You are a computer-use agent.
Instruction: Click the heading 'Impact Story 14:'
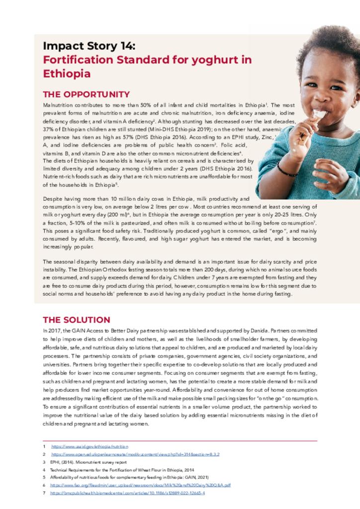pyautogui.click(x=89, y=46)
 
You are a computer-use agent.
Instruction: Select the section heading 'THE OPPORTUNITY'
pyautogui.click(x=86, y=94)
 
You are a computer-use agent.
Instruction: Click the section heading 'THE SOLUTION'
pyautogui.click(x=76, y=320)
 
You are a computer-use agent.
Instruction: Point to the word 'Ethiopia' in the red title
pyautogui.click(x=67, y=74)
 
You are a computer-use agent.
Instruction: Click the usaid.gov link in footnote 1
pyautogui.click(x=90, y=446)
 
